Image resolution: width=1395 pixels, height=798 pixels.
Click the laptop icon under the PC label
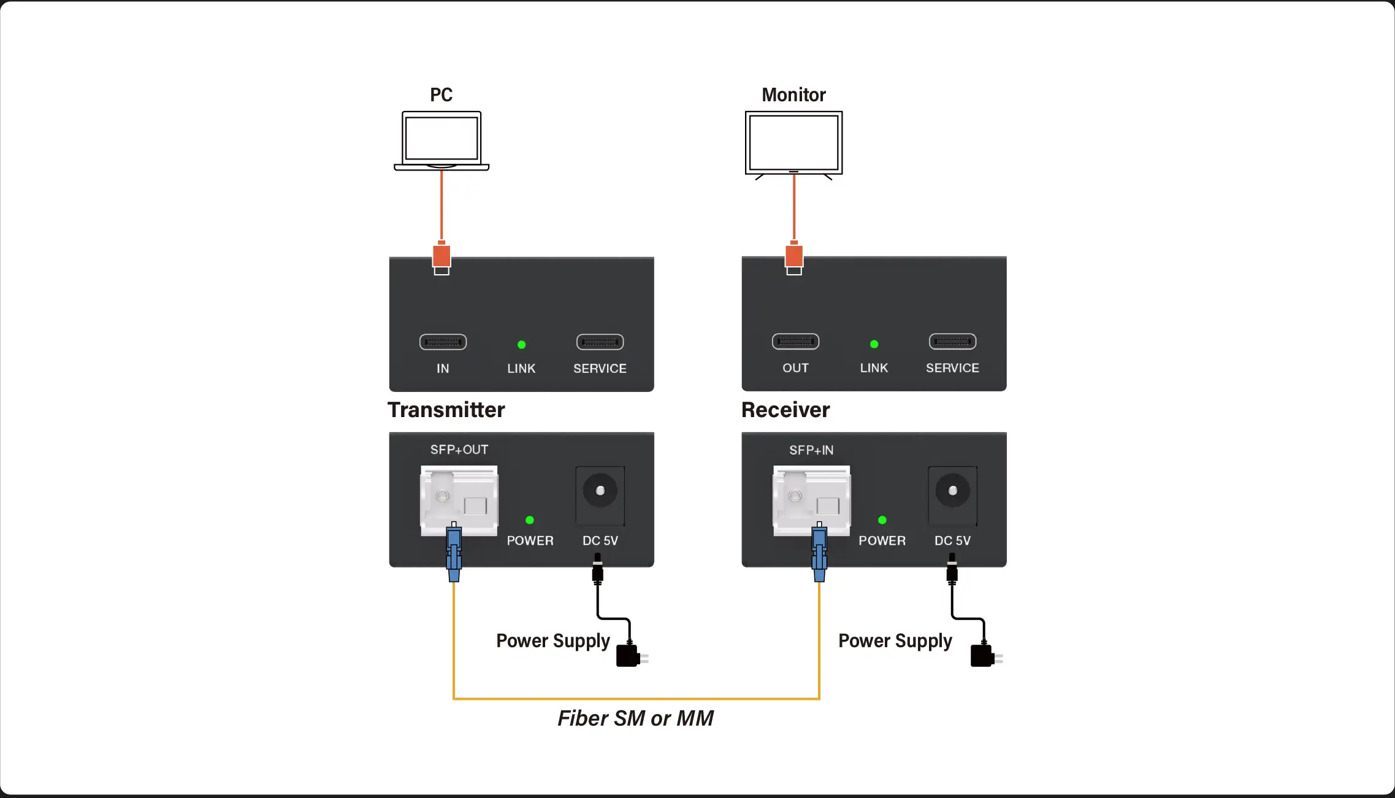point(441,140)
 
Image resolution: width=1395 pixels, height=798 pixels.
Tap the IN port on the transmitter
point(443,342)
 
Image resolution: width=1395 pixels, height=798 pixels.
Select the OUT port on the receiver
point(795,342)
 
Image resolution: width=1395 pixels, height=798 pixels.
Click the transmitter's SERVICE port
point(600,342)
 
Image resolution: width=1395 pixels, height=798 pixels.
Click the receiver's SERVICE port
point(952,342)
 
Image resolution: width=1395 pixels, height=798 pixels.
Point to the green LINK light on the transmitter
point(521,345)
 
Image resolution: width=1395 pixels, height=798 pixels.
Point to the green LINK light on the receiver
point(874,344)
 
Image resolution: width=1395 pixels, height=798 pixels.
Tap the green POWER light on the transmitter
point(530,520)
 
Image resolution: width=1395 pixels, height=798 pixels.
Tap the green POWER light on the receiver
point(882,520)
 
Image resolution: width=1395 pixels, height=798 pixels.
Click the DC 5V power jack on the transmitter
point(600,491)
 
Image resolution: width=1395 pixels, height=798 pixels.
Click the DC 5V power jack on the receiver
point(952,491)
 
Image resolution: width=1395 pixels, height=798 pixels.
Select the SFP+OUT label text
point(459,450)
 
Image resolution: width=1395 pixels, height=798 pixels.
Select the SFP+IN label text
point(811,450)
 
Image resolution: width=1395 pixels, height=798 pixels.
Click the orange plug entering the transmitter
point(441,256)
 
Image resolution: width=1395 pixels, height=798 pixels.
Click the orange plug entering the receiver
point(794,256)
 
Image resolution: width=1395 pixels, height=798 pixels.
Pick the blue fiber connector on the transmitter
point(454,552)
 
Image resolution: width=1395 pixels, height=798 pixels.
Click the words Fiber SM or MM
point(635,718)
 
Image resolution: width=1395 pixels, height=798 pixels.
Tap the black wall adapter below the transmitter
point(629,655)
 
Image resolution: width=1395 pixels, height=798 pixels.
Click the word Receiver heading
point(785,410)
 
